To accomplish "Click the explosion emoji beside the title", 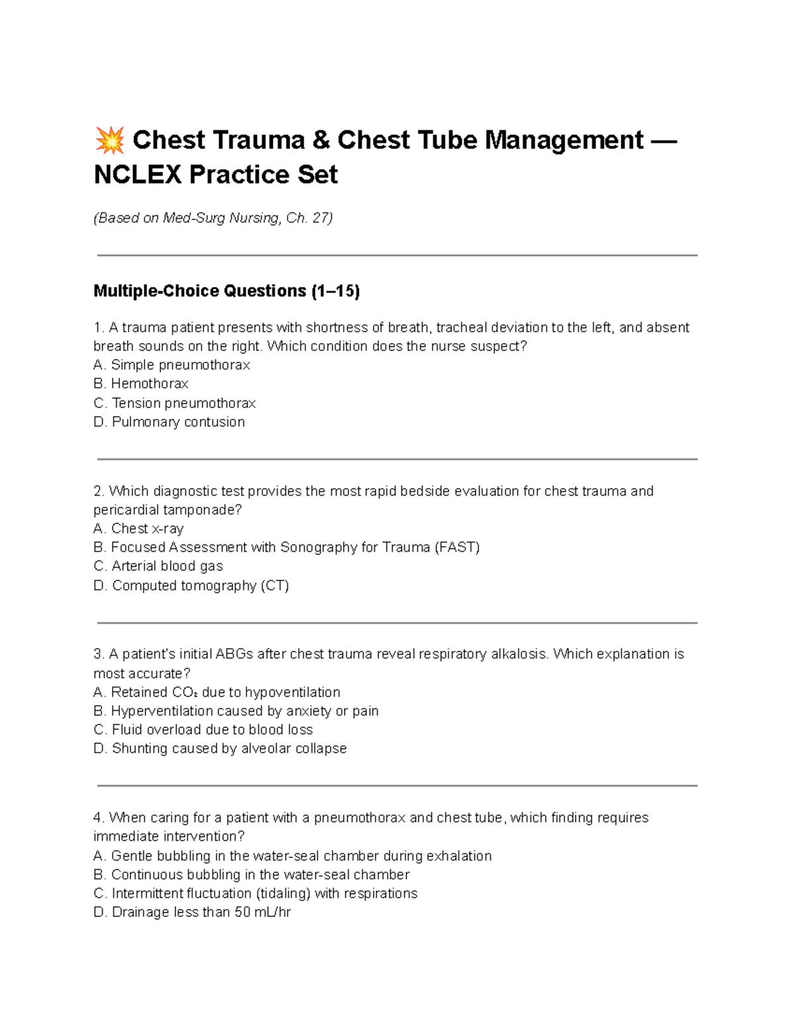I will point(109,140).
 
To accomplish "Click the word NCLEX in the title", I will point(137,175).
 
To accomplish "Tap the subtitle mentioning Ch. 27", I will point(213,218).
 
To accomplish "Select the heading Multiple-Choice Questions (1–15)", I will point(227,291).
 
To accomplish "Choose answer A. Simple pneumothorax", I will point(172,365).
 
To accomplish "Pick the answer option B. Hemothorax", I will point(140,384).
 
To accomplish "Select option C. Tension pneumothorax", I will point(174,403).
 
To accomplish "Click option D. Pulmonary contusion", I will point(169,422).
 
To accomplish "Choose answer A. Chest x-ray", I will point(138,529).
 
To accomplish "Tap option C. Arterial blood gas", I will point(158,566).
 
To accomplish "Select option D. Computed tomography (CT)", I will point(191,586).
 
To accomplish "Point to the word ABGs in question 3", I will point(234,654).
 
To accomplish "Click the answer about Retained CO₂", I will point(217,692).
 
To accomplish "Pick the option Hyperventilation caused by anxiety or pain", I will point(236,711).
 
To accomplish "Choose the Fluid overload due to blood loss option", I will point(203,730).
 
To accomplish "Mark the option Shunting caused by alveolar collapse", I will point(220,749).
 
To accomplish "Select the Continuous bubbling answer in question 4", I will point(252,875).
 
